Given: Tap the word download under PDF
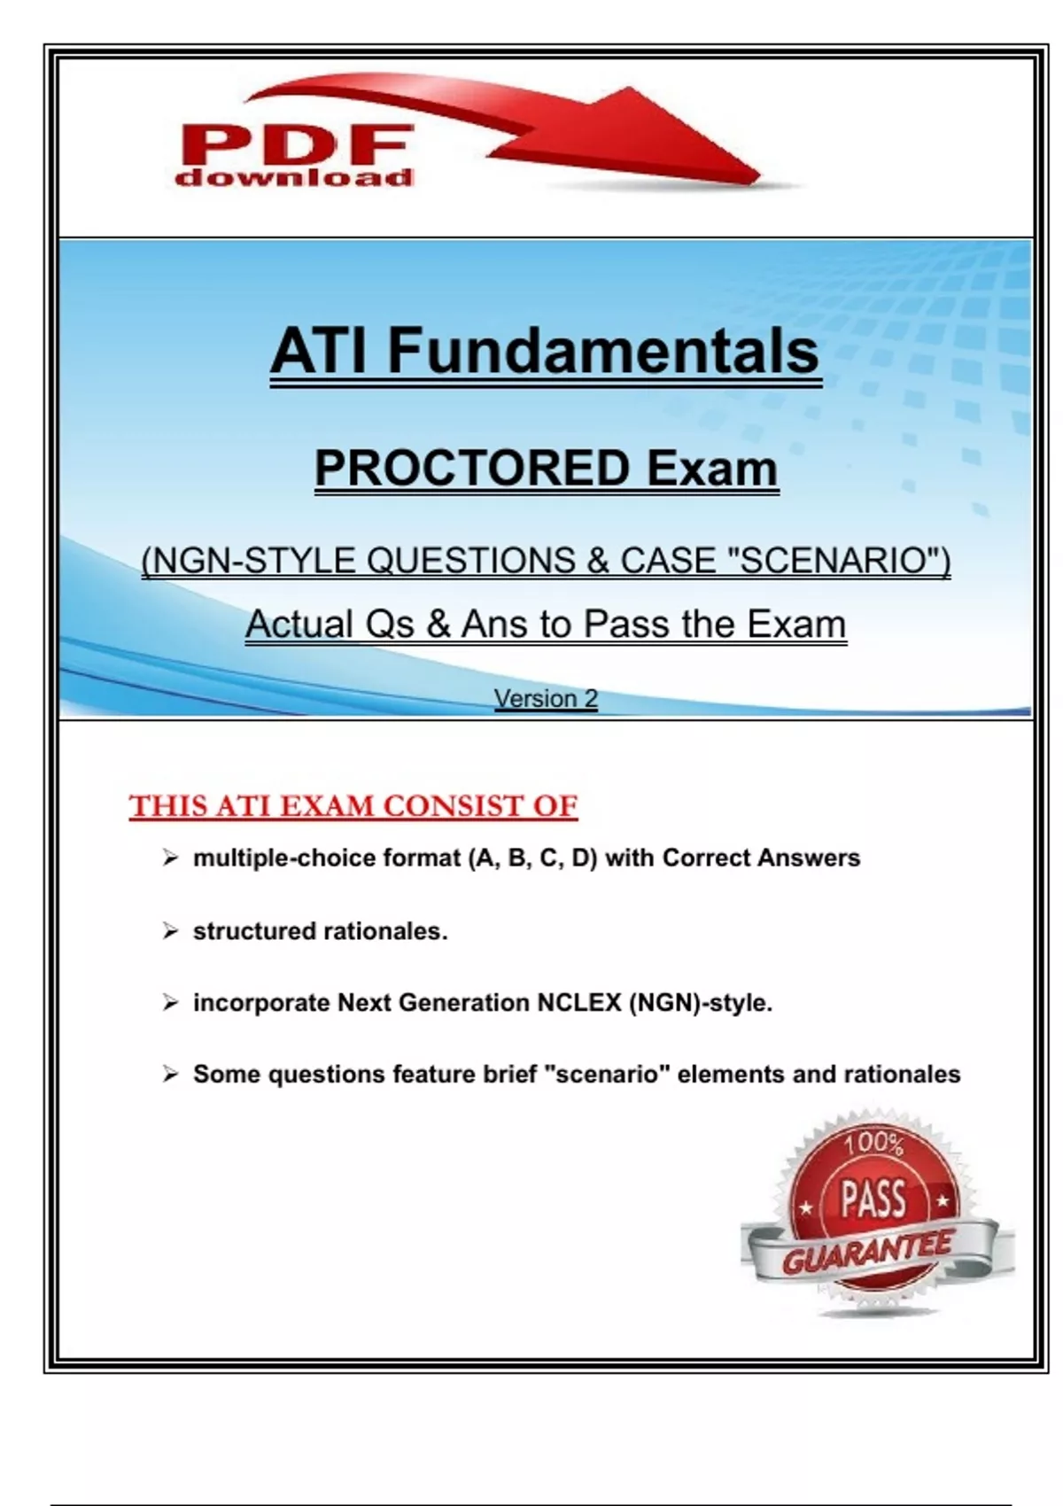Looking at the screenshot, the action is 293,177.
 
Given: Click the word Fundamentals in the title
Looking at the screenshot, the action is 602,350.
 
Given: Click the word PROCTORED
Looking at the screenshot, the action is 472,468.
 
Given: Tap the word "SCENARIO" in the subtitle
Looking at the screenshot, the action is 839,560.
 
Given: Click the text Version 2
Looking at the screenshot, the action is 546,699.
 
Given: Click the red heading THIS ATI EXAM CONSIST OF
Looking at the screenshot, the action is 353,805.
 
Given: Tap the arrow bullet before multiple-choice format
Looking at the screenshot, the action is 170,858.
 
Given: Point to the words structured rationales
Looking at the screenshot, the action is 320,931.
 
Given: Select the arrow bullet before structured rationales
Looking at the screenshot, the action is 170,931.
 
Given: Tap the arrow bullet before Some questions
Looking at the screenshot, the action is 170,1074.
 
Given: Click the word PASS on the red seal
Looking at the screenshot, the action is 873,1200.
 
